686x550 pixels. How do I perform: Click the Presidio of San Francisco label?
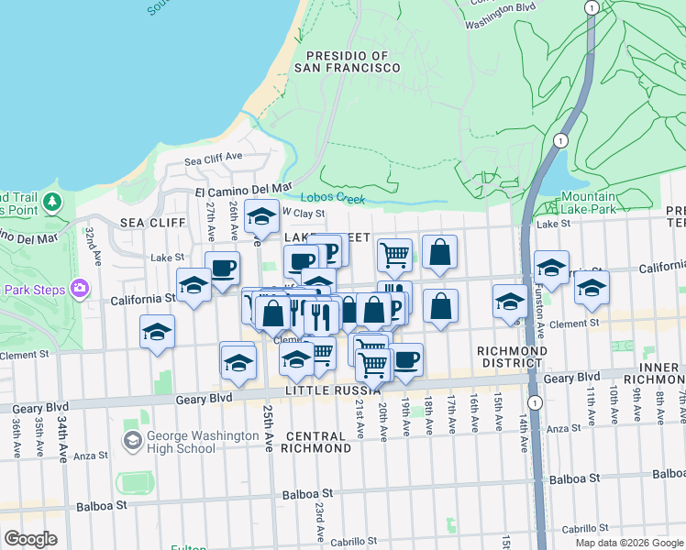(348, 61)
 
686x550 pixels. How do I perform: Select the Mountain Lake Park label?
(589, 203)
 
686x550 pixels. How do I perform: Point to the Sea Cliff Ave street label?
(213, 157)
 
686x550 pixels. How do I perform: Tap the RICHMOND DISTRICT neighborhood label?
(513, 357)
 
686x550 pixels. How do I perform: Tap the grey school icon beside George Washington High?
(132, 442)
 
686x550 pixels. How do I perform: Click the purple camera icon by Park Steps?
(80, 289)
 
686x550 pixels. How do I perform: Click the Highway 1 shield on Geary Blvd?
(535, 402)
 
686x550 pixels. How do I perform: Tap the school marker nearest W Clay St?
(261, 216)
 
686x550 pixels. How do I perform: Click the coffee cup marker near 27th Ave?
(222, 269)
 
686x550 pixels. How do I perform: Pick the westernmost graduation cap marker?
(157, 331)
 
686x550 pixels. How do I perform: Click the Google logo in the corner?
(30, 539)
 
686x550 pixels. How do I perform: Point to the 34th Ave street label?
(62, 428)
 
